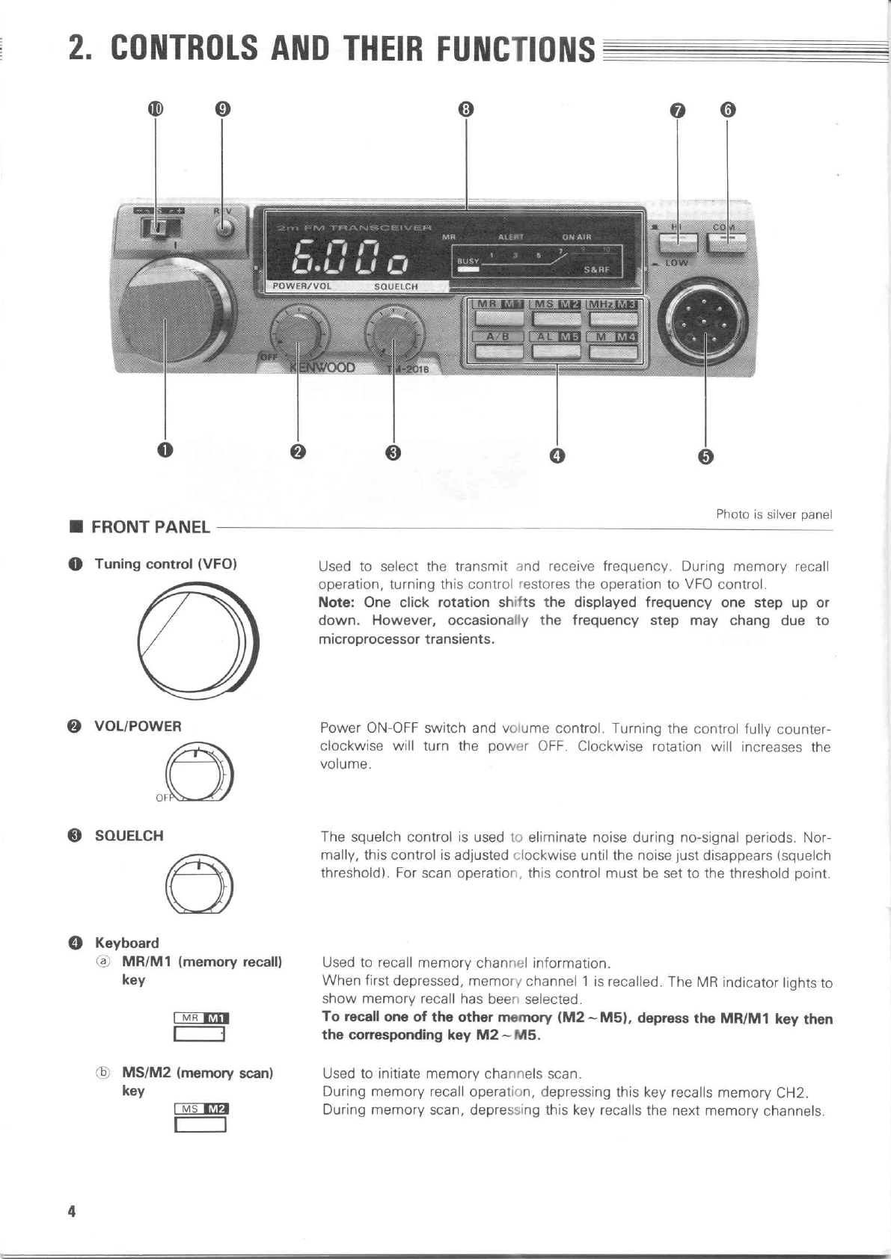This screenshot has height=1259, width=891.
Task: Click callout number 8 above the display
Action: [x=466, y=109]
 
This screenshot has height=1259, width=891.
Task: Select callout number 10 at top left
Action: [x=155, y=109]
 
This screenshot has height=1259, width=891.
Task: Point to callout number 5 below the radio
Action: [x=705, y=456]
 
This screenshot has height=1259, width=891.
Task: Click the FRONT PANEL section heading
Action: [x=150, y=527]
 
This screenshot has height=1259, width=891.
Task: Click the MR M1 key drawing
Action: [x=200, y=1026]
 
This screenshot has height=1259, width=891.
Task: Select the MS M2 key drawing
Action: [x=200, y=1117]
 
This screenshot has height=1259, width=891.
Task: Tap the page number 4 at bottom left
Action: [x=72, y=1211]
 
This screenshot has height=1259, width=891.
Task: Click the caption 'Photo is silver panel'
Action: [x=774, y=514]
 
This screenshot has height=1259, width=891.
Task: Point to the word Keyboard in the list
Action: [x=127, y=943]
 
